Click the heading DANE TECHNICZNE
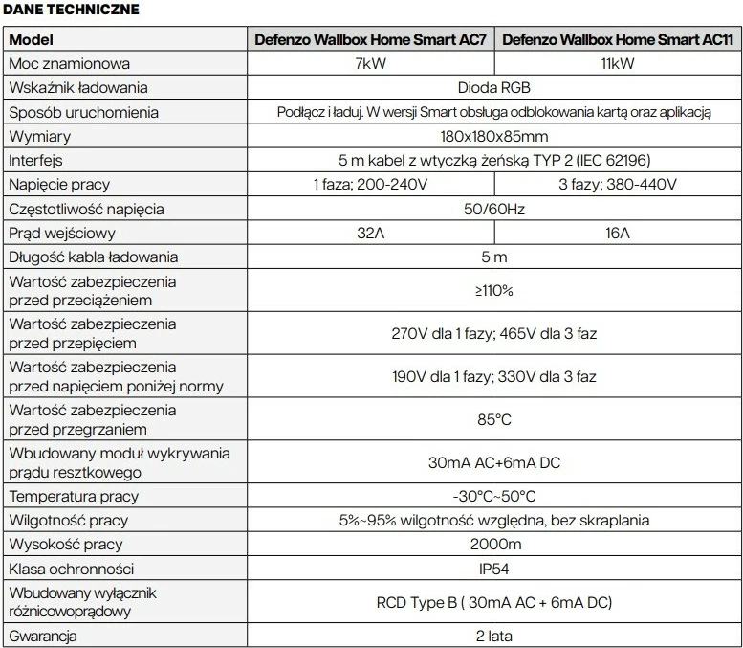(x=71, y=10)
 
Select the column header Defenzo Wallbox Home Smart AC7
(x=370, y=40)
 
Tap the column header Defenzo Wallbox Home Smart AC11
(x=618, y=40)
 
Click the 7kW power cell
(x=370, y=64)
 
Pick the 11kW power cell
(x=618, y=64)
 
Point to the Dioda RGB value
(x=493, y=88)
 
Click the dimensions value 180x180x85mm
(x=493, y=137)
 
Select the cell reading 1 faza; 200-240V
(x=370, y=185)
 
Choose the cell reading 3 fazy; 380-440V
(x=618, y=185)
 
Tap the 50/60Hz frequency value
(x=493, y=209)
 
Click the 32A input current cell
(x=370, y=233)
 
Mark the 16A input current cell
(x=618, y=233)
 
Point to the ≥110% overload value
(x=493, y=291)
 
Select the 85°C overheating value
(x=493, y=419)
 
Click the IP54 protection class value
(x=493, y=569)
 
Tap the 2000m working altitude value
(x=493, y=545)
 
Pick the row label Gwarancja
(x=43, y=636)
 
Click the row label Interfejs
(x=36, y=161)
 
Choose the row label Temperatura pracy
(x=74, y=496)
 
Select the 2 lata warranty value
(x=493, y=636)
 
